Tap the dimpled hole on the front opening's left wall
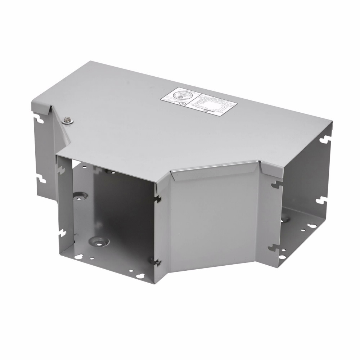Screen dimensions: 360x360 (78, 197)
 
